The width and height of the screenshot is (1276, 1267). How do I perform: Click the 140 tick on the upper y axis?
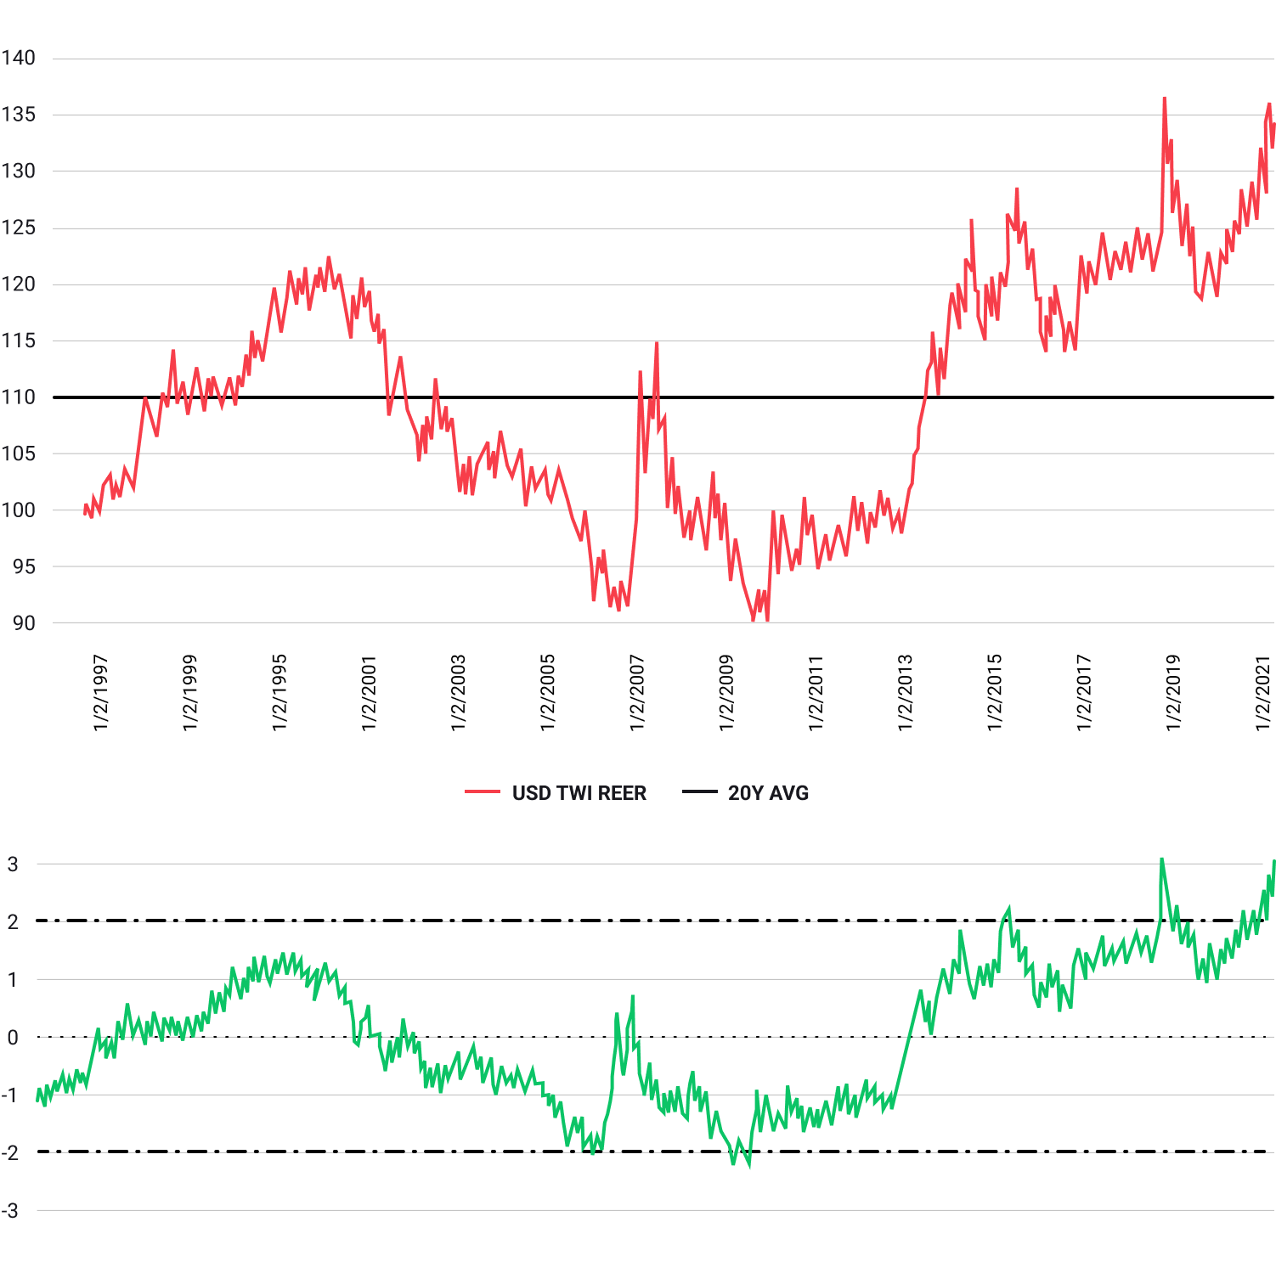pos(18,58)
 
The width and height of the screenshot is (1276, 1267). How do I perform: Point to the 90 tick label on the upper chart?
pos(24,623)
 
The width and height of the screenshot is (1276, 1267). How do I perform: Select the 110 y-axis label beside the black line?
pos(18,397)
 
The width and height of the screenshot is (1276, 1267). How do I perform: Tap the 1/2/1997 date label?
pos(100,692)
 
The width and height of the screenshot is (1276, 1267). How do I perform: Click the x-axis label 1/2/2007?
pos(637,692)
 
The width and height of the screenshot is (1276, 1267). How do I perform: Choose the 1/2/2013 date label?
pos(906,692)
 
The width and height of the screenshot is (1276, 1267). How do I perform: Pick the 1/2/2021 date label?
pos(1263,692)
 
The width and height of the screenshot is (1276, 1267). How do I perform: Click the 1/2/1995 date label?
pos(279,692)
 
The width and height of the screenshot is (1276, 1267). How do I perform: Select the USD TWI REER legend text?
pos(579,793)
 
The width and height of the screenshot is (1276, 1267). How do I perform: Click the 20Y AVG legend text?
pos(768,793)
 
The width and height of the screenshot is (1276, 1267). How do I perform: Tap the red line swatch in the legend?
pos(483,792)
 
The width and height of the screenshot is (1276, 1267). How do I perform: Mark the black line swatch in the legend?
pos(700,792)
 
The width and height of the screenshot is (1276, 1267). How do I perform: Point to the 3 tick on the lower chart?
pos(13,864)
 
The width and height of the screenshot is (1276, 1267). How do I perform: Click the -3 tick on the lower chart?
pos(9,1210)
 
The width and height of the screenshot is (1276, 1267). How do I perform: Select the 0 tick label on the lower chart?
pos(13,1037)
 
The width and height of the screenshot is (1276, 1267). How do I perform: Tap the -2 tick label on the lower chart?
pos(9,1152)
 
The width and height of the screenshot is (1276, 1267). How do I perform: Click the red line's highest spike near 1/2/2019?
pos(1165,99)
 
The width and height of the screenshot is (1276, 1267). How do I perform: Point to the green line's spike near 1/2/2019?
pos(1161,859)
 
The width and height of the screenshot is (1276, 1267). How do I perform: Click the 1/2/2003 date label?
pos(459,692)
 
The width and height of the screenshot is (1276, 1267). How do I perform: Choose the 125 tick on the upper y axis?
pos(18,228)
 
